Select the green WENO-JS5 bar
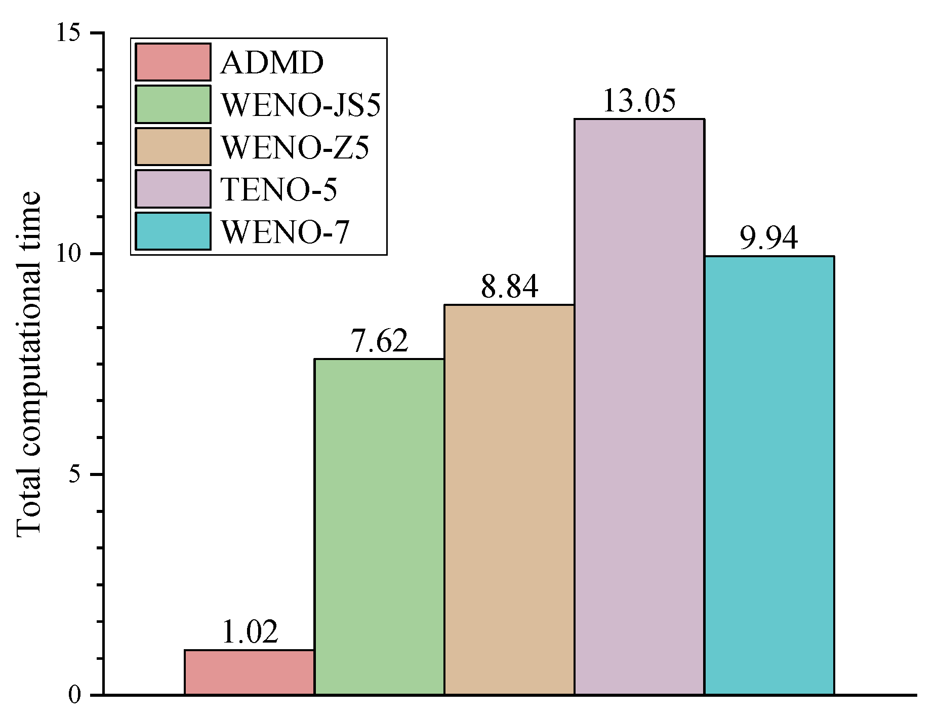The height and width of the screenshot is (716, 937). tap(379, 527)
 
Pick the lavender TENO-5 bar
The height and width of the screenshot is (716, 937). tap(639, 406)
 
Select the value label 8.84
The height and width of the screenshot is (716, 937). tap(509, 287)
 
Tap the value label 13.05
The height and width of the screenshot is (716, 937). tap(639, 101)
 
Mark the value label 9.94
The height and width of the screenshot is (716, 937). tap(769, 238)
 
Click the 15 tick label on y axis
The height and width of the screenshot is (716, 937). tap(69, 33)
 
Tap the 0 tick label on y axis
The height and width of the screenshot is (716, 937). tap(75, 695)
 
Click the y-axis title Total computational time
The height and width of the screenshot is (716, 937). tap(29, 364)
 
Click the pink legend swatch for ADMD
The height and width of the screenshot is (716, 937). tap(173, 62)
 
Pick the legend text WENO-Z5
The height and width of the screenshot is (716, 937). tap(295, 147)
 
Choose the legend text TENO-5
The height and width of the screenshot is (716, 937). tap(279, 190)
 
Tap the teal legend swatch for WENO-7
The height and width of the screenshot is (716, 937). tap(173, 231)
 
